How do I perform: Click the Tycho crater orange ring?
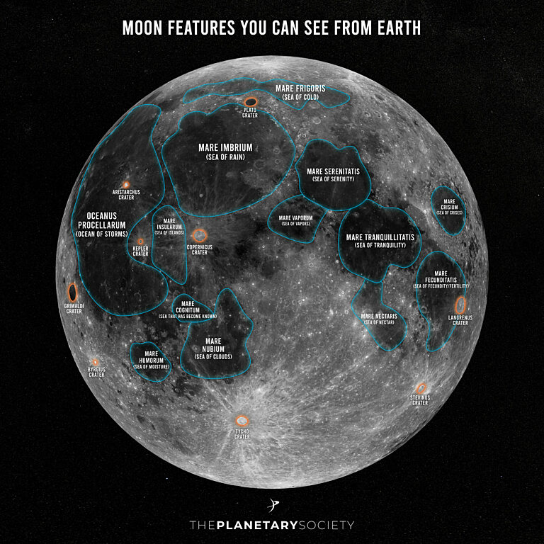[x=243, y=420]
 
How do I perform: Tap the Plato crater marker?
[x=251, y=101]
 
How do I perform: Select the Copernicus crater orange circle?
[x=200, y=234]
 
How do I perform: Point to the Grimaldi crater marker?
[x=72, y=291]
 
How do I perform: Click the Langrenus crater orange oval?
[x=461, y=305]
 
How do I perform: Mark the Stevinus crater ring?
[x=422, y=387]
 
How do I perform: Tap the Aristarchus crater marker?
[x=127, y=184]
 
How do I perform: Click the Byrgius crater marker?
[x=96, y=363]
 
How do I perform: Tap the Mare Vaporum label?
[x=295, y=218]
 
